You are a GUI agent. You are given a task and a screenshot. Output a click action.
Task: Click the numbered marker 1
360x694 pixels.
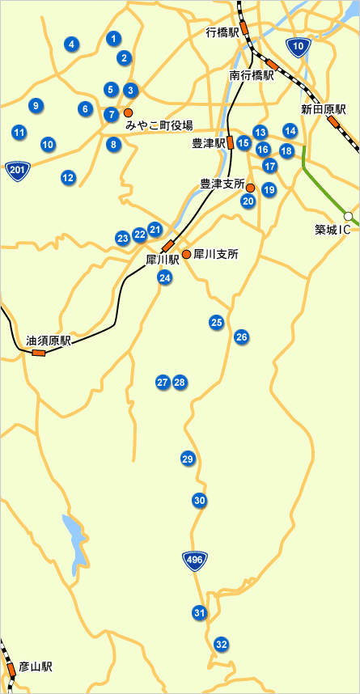[x=113, y=38]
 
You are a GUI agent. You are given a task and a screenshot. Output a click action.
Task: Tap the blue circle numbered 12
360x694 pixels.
[x=68, y=177]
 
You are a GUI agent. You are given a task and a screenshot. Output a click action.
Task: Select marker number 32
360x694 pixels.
[x=221, y=645]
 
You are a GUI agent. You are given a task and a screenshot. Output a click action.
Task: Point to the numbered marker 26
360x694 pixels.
[x=241, y=336]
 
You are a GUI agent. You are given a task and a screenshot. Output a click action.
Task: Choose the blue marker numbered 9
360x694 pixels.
[x=35, y=105]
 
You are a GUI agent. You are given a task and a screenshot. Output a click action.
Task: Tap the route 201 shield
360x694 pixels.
[x=16, y=169]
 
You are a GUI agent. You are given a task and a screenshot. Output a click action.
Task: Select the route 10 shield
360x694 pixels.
[x=299, y=48]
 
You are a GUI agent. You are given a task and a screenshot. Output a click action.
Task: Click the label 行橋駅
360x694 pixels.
[x=222, y=32]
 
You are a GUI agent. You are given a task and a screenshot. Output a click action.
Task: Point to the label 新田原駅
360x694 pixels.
[x=324, y=108]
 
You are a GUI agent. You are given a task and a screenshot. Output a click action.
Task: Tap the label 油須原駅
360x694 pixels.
[x=49, y=341]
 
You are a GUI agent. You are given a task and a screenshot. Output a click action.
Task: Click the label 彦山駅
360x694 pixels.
[x=36, y=667]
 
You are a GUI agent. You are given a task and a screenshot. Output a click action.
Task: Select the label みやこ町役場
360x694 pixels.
[x=159, y=125]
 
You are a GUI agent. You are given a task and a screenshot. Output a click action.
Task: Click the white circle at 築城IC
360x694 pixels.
[x=348, y=216]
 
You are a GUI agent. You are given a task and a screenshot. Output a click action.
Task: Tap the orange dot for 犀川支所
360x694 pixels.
[x=186, y=254]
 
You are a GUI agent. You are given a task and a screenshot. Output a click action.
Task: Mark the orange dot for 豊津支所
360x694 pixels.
[x=250, y=188]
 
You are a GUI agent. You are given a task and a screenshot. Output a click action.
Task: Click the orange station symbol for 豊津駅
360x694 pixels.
[x=231, y=142]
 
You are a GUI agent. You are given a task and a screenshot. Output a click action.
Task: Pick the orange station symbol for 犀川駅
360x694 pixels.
[x=168, y=245]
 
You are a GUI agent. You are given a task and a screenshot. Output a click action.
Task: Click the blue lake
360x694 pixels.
[x=74, y=540]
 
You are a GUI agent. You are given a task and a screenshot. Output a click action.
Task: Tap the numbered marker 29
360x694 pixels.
[x=188, y=459]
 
